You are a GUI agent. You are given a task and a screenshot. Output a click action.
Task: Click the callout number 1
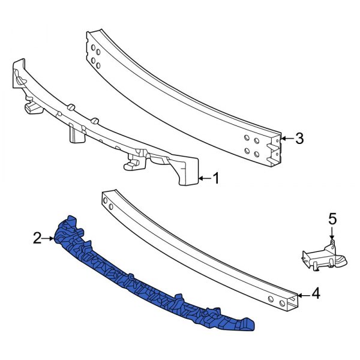click(217, 178)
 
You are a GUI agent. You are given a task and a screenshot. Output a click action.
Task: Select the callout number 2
click(37, 239)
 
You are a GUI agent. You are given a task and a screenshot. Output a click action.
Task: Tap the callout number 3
click(299, 139)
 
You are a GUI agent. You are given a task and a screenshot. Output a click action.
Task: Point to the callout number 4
click(316, 294)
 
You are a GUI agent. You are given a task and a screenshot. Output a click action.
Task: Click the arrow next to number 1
click(203, 178)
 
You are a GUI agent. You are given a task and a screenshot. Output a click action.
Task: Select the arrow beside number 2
click(49, 239)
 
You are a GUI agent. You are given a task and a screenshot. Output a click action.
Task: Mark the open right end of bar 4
click(290, 299)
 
